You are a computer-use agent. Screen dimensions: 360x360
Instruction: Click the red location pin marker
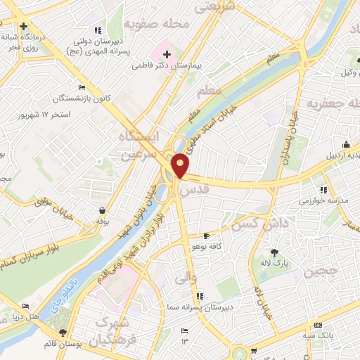181,165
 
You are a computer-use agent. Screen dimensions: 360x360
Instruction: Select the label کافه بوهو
204,246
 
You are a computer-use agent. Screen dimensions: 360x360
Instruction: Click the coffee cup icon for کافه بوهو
205,236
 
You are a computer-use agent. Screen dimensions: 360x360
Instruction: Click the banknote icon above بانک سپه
318,326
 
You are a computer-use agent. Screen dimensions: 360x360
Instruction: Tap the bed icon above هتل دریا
26,307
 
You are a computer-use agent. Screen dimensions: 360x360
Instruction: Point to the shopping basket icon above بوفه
103,210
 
